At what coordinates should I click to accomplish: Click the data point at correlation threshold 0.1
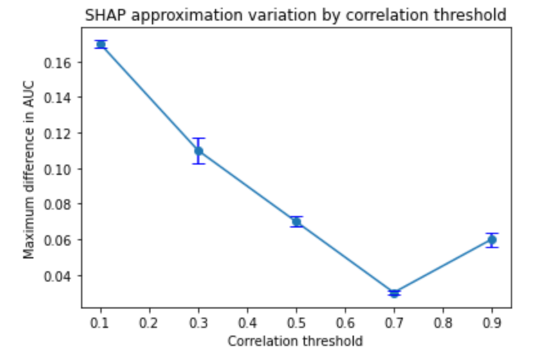(101, 44)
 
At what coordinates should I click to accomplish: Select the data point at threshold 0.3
(199, 151)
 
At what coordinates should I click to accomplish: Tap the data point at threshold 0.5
(297, 222)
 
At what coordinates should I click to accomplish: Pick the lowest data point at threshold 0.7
(394, 293)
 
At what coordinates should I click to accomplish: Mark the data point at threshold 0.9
(492, 240)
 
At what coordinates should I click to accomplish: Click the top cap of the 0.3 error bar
(199, 138)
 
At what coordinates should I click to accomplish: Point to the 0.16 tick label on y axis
(57, 63)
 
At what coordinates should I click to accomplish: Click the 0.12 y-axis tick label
(57, 134)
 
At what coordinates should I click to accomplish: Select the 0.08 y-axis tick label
(57, 204)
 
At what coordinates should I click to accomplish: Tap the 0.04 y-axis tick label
(57, 276)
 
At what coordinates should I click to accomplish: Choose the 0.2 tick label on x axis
(150, 323)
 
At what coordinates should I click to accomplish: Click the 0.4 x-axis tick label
(248, 323)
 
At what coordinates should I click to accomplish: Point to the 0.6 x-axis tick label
(345, 323)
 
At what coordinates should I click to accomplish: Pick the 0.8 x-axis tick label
(443, 323)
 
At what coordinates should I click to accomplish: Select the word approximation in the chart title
(188, 16)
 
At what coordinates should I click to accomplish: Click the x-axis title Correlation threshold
(295, 341)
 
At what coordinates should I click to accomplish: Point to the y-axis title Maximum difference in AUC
(29, 170)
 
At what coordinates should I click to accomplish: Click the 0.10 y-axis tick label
(57, 169)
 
